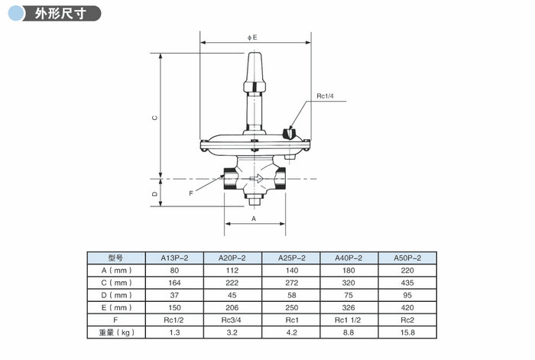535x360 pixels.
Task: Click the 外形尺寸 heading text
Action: pos(60,14)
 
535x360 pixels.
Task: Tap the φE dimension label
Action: pos(252,37)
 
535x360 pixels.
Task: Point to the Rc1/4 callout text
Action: pos(325,96)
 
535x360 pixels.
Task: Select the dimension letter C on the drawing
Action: pos(154,118)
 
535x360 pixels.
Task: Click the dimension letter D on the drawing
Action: pos(154,194)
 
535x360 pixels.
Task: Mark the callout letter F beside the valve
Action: pos(191,193)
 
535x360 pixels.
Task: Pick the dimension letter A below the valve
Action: pos(254,219)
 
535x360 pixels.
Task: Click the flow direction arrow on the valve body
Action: pos(256,178)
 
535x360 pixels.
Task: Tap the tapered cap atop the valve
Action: pos(255,72)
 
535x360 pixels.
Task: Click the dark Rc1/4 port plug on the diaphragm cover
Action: pos(288,133)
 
